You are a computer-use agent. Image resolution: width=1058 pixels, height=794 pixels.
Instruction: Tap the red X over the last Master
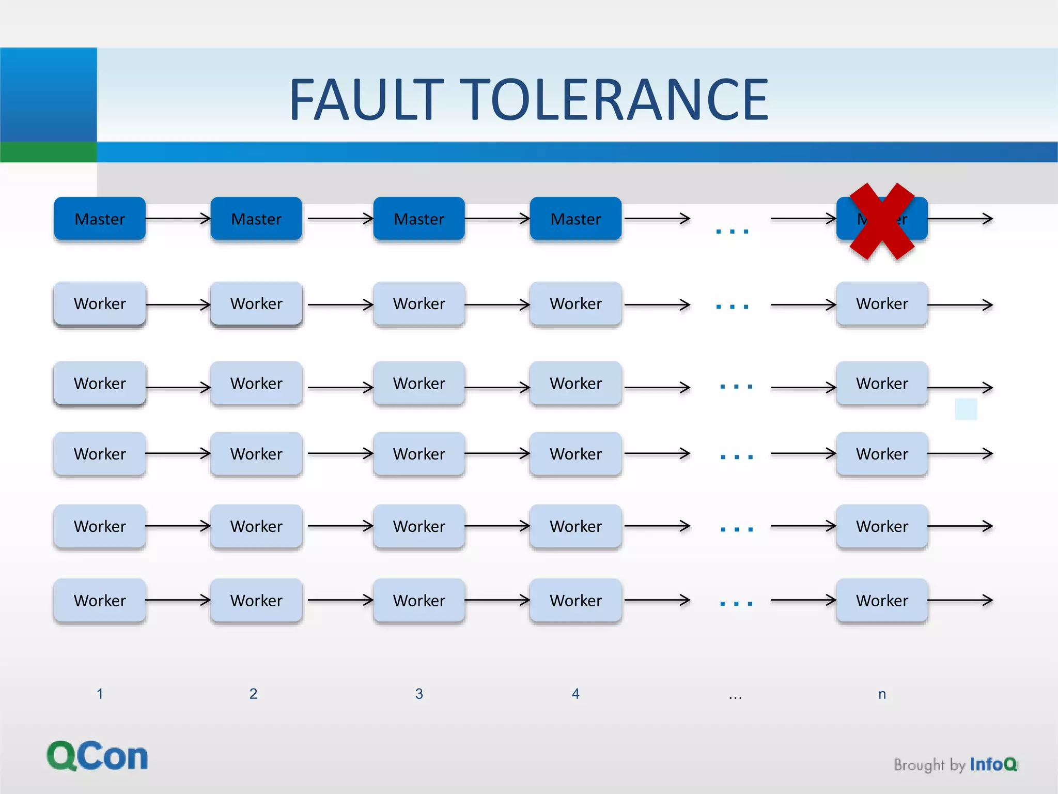tap(882, 221)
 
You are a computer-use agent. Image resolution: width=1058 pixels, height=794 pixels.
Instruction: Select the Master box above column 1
tap(100, 219)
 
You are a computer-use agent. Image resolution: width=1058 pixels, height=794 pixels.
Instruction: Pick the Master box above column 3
tap(419, 219)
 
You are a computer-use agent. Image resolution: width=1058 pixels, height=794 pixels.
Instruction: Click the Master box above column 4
tap(575, 219)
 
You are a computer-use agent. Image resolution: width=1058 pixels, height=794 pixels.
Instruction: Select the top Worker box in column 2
tap(256, 303)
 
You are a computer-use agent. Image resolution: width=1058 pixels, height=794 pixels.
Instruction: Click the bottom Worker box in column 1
tap(100, 600)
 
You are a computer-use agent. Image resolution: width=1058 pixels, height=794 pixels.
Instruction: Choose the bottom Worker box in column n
tap(882, 600)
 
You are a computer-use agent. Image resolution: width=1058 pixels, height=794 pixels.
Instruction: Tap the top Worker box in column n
tap(882, 303)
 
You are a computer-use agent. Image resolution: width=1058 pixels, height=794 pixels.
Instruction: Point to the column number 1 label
tap(100, 694)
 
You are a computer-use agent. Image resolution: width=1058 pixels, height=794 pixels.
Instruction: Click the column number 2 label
tap(253, 694)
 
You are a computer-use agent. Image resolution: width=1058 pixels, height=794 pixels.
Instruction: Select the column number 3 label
tap(419, 694)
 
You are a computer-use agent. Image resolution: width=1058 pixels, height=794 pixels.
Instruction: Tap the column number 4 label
tap(575, 694)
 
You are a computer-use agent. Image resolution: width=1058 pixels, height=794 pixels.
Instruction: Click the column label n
tap(882, 694)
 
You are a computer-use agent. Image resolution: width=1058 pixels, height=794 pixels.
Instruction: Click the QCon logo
tap(97, 756)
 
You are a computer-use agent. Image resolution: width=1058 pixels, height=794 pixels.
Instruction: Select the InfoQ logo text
tap(993, 764)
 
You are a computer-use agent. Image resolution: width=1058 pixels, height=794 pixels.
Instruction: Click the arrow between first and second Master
tap(178, 219)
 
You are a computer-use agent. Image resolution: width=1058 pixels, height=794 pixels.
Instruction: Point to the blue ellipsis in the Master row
tap(732, 231)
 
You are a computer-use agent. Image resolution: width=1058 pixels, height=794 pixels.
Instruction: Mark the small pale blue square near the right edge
tap(966, 409)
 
